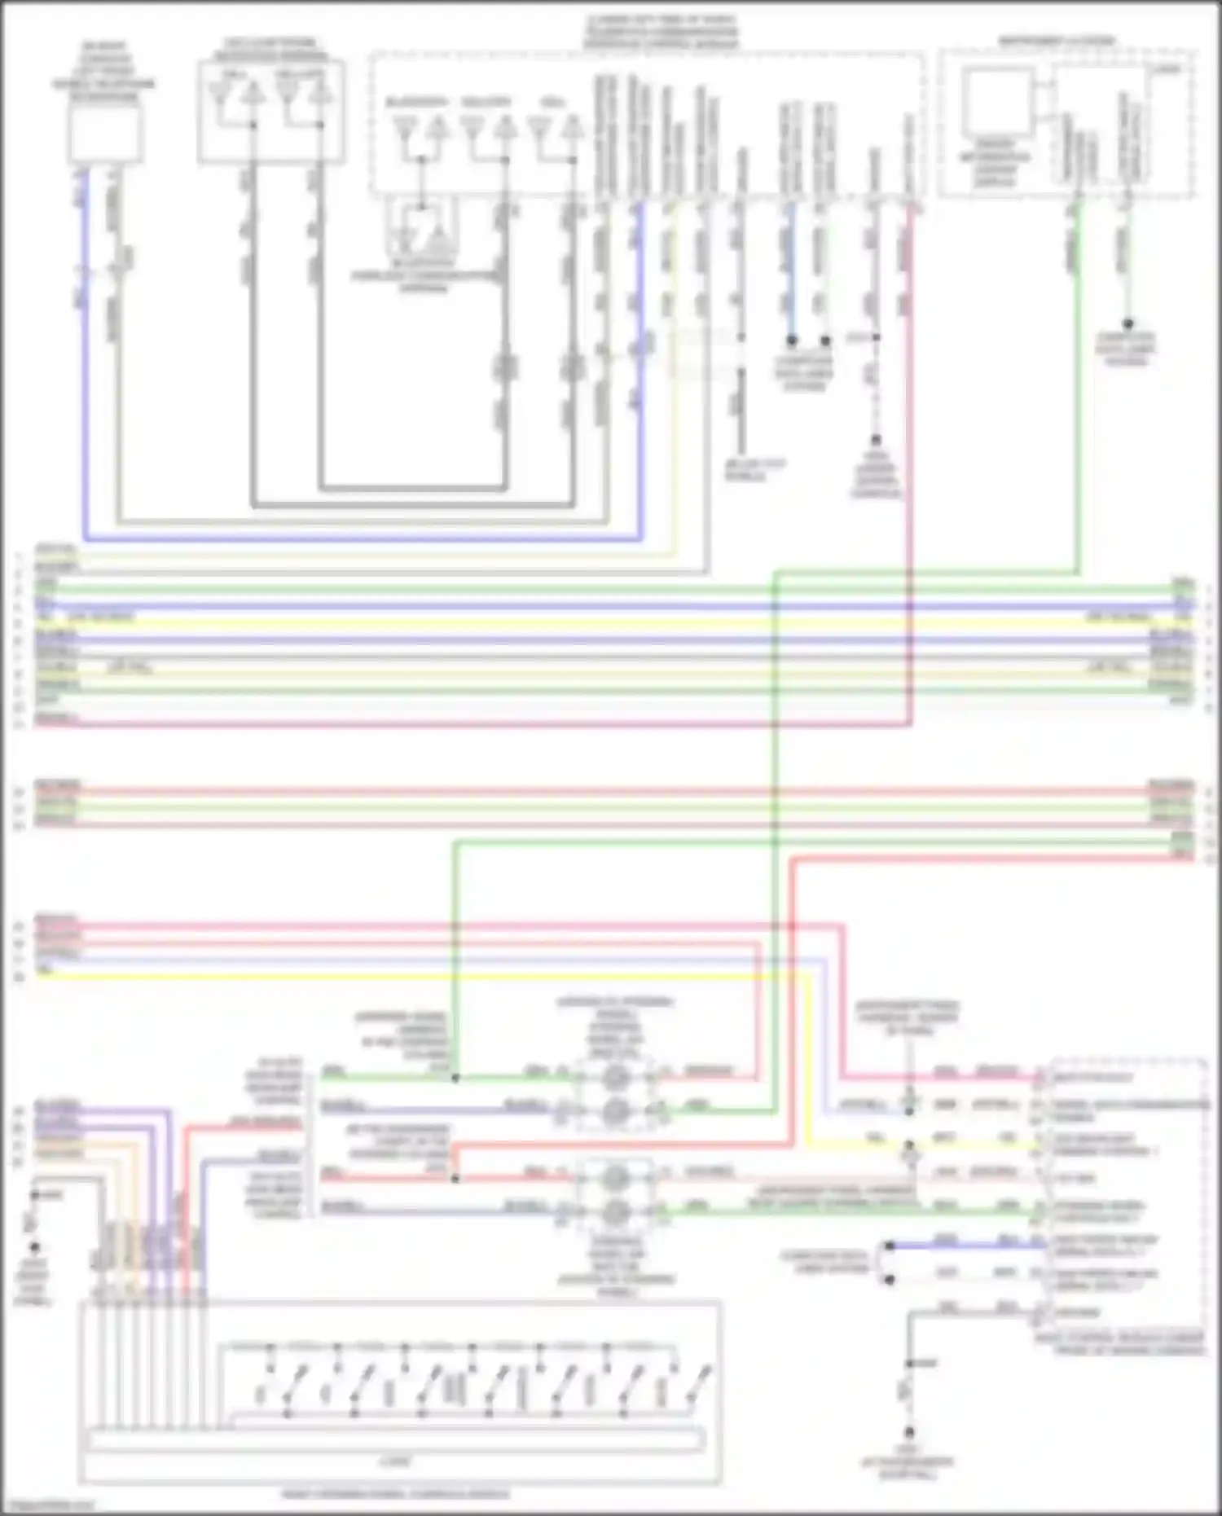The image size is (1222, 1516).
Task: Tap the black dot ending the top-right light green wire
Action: pos(1128,324)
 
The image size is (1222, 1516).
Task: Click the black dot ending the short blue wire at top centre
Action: pos(791,341)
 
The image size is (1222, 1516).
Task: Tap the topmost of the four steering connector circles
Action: pos(615,1078)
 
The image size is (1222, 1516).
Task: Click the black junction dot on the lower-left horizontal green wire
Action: pos(455,1078)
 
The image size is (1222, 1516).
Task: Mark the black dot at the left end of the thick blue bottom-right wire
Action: pos(890,1246)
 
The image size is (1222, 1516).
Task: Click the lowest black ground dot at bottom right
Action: pos(909,1431)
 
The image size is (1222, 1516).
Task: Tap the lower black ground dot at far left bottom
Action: pos(34,1247)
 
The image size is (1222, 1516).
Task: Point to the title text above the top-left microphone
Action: pos(104,72)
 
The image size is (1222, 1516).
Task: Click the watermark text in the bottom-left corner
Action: pos(47,1506)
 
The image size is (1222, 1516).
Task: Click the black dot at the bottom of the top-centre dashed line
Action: pos(876,440)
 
